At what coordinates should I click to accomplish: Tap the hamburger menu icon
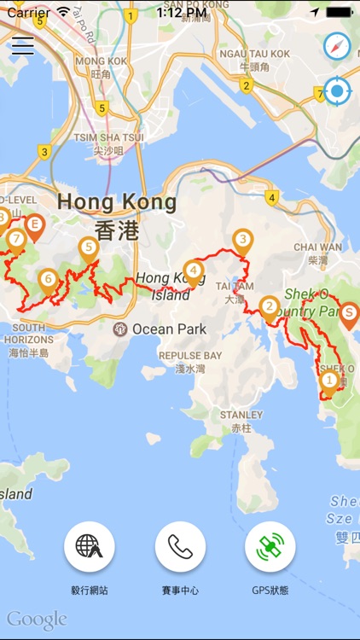tap(22, 46)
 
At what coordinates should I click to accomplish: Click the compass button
tap(338, 46)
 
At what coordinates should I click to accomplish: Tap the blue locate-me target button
tap(338, 90)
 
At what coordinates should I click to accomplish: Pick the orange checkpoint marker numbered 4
tap(195, 271)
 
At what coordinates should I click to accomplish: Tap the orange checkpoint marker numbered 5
tap(88, 249)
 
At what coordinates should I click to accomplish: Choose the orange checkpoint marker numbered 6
tap(48, 279)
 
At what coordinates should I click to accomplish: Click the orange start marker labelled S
tap(349, 313)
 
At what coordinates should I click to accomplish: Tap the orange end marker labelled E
tap(34, 226)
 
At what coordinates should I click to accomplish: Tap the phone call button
tap(180, 547)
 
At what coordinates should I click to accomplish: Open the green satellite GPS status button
tap(270, 547)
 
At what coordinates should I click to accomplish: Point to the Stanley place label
tap(241, 421)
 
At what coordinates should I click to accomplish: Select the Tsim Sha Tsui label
tap(108, 143)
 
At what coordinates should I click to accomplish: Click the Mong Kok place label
tap(101, 67)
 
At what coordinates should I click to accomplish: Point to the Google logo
tap(37, 620)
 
